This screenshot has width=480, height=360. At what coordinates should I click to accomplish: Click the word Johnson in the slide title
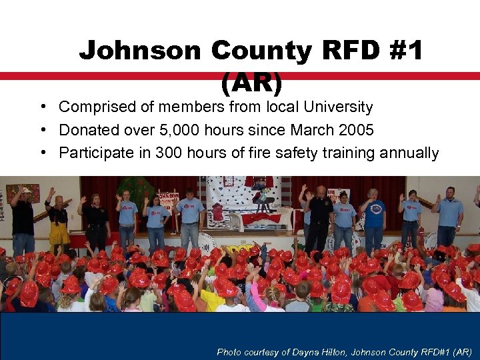(x=139, y=51)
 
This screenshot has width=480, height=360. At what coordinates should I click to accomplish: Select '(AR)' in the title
(x=251, y=82)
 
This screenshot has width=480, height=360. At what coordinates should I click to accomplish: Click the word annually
(x=409, y=153)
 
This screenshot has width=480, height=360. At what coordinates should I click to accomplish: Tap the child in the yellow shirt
(x=213, y=298)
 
